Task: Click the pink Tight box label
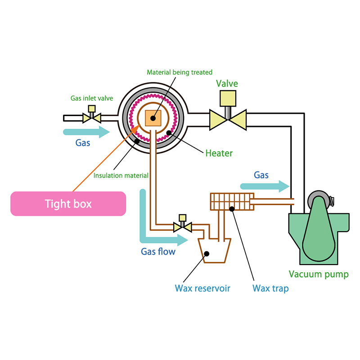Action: [68, 203]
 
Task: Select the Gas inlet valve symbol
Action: [92, 117]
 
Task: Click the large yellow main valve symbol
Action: [228, 118]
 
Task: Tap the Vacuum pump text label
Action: [319, 274]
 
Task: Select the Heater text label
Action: [219, 153]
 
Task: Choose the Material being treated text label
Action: [180, 72]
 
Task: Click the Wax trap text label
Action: [270, 288]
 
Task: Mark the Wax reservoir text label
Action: [202, 288]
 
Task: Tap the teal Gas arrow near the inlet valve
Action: [86, 132]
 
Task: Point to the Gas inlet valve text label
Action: [92, 98]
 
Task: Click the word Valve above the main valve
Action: [227, 84]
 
